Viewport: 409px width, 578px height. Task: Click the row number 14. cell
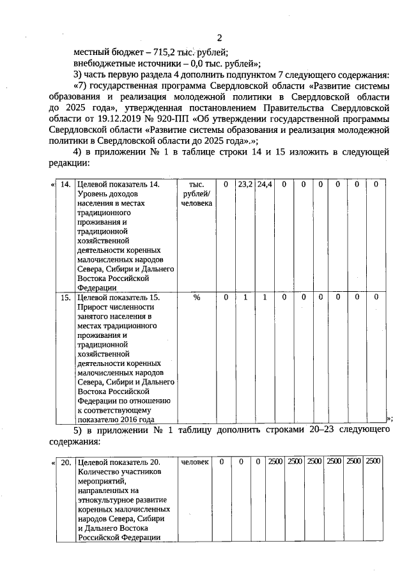[x=65, y=185]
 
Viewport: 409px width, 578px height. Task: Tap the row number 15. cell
[x=65, y=297]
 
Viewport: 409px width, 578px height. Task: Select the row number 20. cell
[x=65, y=462]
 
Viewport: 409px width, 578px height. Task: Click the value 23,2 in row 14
[x=245, y=185]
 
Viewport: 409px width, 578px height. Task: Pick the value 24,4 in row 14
[x=264, y=185]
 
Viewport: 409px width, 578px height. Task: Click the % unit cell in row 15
[x=196, y=297]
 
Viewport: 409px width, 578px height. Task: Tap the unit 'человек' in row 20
[x=196, y=462]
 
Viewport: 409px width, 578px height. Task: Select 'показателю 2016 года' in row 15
[x=116, y=420]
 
